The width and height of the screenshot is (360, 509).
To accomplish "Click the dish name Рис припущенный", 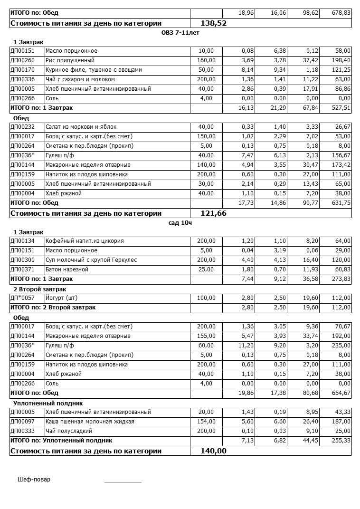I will point(70,60).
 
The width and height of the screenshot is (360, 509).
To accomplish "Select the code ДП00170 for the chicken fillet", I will point(22,70).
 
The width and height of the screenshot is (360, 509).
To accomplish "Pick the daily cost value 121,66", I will point(214,213).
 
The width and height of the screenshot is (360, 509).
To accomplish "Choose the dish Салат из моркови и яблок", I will point(81,127).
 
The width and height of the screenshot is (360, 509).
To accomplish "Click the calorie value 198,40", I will point(341,60).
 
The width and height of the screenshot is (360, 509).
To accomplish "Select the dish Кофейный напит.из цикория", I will point(85,241).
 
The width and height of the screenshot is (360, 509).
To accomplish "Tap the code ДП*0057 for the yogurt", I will point(22,298).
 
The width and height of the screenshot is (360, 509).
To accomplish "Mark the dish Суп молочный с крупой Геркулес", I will point(91,260).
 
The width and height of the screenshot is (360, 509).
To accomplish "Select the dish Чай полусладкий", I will point(68,431).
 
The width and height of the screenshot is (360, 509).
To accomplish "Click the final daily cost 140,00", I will point(214,451).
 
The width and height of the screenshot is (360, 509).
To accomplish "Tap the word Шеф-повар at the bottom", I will point(34,479).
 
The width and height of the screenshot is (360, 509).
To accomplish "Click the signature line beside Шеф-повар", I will point(123,481).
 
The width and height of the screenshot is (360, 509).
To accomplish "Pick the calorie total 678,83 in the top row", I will point(341,13).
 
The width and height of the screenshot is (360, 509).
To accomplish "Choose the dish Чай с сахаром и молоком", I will point(80,79).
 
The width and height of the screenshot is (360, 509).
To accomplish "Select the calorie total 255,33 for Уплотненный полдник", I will point(341,441).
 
